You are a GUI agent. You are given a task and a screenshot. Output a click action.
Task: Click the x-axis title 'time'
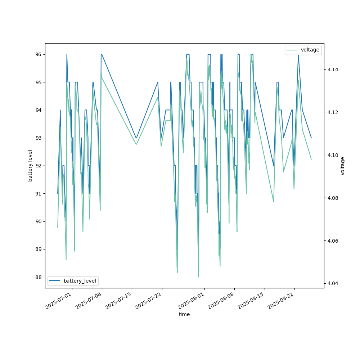click(184, 314)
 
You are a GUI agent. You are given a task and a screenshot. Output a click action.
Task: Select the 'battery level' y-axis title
click(30, 166)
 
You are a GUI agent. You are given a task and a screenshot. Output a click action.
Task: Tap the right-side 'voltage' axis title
click(343, 166)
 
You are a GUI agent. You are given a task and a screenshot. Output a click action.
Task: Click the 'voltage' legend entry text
click(310, 50)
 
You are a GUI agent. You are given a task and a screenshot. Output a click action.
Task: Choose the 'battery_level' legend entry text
click(80, 281)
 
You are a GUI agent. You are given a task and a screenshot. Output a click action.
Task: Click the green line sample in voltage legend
click(292, 50)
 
